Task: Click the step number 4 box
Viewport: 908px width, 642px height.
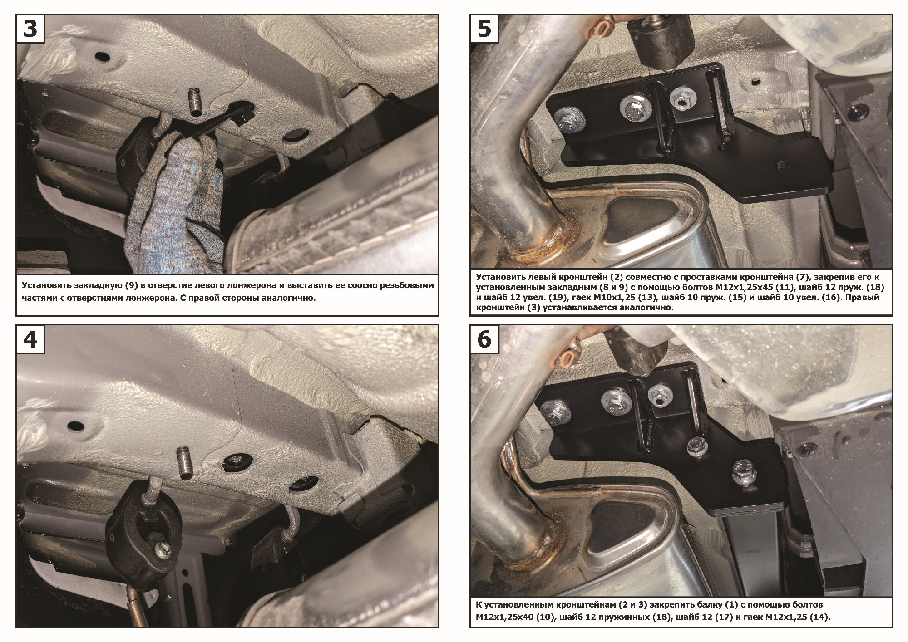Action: tap(30, 339)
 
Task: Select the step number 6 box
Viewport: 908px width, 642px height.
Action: tap(484, 339)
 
